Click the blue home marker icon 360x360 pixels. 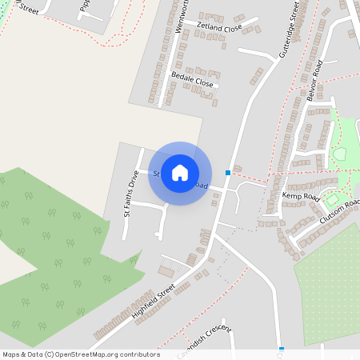[x=180, y=172]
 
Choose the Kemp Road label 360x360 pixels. [x=301, y=196]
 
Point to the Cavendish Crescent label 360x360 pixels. [x=205, y=337]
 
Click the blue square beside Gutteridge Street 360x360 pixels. [x=228, y=172]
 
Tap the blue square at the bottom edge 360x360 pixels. [x=282, y=348]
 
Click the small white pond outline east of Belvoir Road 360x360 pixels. [x=339, y=154]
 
